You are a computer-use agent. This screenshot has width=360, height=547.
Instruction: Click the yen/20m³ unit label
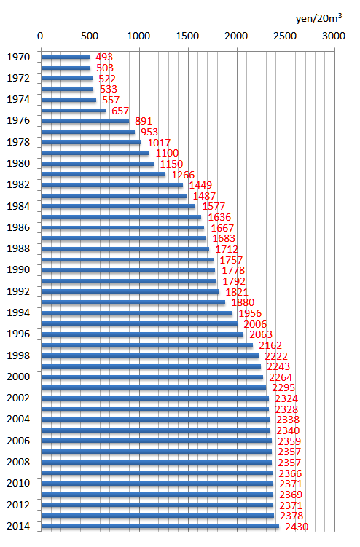click(x=318, y=18)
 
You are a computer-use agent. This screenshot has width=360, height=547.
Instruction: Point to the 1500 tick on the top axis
click(x=188, y=36)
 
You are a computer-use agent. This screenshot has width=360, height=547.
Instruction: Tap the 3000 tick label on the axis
click(x=334, y=36)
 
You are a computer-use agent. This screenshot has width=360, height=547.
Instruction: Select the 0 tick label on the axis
click(x=41, y=36)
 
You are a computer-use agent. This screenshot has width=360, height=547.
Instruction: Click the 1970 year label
click(x=18, y=57)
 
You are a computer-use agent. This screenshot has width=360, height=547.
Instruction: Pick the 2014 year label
click(x=18, y=527)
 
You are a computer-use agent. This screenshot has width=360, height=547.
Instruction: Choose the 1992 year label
click(x=18, y=291)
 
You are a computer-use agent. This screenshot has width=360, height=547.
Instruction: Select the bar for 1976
click(x=85, y=121)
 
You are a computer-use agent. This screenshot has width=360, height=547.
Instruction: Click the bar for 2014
click(x=160, y=527)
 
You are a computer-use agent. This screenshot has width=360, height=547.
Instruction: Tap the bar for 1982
click(x=112, y=185)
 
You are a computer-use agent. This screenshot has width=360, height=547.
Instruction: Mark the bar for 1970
click(x=66, y=57)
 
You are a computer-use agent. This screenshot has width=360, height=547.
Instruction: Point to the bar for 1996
click(x=142, y=334)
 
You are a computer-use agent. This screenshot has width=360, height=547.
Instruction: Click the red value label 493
click(x=104, y=57)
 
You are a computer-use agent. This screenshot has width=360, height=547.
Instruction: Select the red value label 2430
click(x=297, y=527)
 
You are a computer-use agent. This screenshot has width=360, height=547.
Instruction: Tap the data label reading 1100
click(x=167, y=153)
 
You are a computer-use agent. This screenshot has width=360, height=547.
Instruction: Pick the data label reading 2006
click(x=255, y=324)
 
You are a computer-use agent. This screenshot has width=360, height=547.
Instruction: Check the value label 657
click(x=120, y=111)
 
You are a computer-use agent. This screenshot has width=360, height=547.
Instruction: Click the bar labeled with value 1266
click(x=103, y=174)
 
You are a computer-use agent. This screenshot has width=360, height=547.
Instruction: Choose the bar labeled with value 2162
click(x=147, y=345)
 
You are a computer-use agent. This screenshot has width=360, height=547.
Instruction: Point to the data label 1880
click(x=243, y=302)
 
